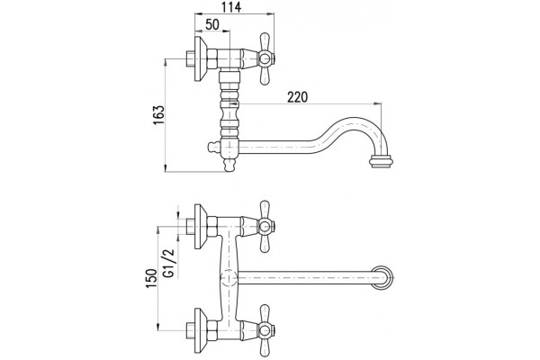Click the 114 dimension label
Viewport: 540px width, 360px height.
pyautogui.click(x=231, y=7)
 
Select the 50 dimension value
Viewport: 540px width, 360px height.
pyautogui.click(x=212, y=24)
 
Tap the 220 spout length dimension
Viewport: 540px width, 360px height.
pyautogui.click(x=298, y=97)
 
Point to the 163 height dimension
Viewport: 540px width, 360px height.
pyautogui.click(x=158, y=115)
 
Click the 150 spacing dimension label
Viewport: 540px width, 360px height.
pyautogui.click(x=151, y=278)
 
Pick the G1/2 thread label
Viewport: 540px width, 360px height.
pyautogui.click(x=169, y=263)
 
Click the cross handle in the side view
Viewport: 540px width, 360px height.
pyautogui.click(x=265, y=58)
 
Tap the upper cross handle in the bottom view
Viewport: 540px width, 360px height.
pyautogui.click(x=265, y=226)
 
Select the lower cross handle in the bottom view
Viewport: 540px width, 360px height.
pyautogui.click(x=265, y=330)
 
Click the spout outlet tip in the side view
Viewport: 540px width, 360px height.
pyautogui.click(x=381, y=161)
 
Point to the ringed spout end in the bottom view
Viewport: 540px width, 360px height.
pyautogui.click(x=382, y=278)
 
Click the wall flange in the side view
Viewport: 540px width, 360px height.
pyautogui.click(x=200, y=58)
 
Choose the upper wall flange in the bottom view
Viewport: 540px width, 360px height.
pyautogui.click(x=200, y=226)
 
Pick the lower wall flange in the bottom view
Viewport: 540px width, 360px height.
pyautogui.click(x=200, y=330)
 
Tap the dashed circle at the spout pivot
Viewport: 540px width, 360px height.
pyautogui.click(x=229, y=278)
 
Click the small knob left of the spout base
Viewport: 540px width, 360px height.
pyautogui.click(x=213, y=147)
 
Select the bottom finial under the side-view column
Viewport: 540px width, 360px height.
pyautogui.click(x=229, y=165)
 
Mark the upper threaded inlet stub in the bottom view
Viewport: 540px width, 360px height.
pyautogui.click(x=190, y=226)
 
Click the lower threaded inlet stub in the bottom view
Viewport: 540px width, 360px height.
pyautogui.click(x=190, y=330)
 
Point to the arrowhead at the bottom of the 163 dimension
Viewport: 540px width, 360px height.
pyautogui.click(x=166, y=168)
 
